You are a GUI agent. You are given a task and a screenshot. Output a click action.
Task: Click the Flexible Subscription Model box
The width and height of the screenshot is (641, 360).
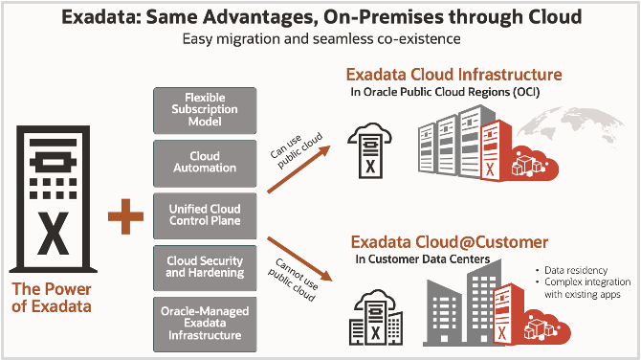pos(205,110)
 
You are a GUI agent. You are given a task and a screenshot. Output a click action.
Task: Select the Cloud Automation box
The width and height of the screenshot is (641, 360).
pos(205,162)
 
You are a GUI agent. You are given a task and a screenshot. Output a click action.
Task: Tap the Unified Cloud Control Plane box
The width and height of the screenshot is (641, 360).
pos(205,215)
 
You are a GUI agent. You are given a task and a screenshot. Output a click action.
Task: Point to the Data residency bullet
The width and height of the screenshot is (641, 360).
pos(573,271)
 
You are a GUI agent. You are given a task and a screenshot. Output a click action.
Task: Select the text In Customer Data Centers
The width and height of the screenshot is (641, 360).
pos(421,259)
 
